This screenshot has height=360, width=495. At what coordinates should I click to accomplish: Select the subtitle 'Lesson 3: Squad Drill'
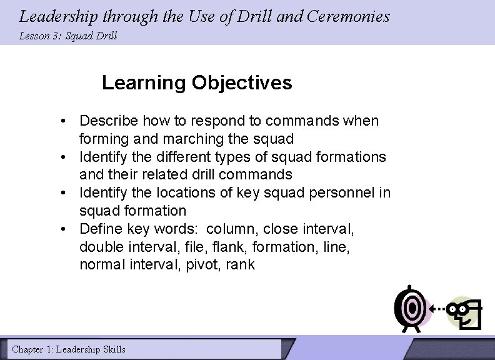67,36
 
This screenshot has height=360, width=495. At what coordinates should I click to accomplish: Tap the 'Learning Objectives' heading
197,82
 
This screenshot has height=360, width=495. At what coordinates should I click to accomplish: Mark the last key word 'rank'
241,264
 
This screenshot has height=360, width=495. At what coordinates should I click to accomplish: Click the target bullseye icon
411,308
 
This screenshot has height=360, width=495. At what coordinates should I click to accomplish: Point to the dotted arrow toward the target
437,308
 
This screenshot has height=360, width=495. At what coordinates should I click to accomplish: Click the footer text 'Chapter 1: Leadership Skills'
69,349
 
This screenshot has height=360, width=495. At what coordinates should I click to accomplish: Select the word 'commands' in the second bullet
260,174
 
